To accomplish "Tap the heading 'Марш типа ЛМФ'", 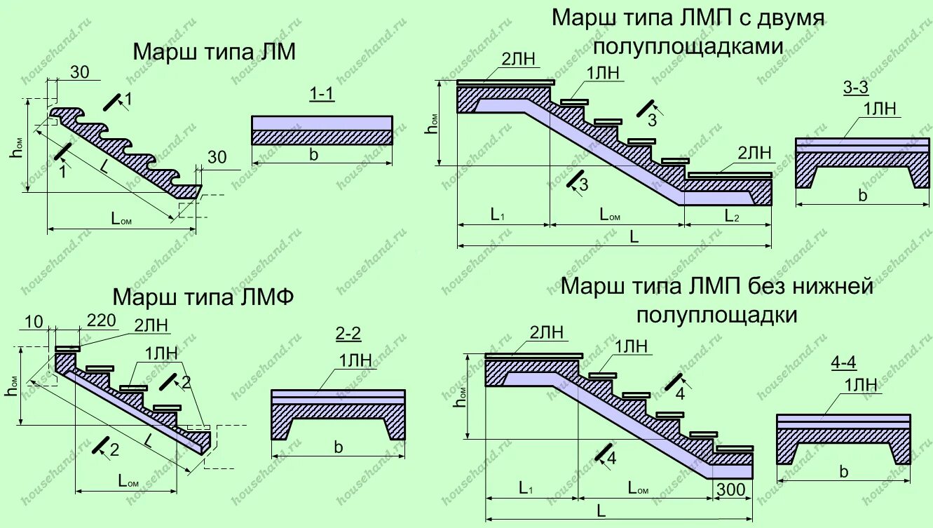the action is [203, 297].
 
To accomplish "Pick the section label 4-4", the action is [845, 363].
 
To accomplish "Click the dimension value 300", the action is [732, 490].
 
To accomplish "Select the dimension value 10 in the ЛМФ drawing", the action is [34, 322].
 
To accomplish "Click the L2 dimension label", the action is [732, 215].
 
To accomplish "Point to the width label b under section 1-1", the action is [313, 155].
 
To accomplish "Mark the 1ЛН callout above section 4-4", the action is [860, 384].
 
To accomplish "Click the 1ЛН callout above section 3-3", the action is [880, 109].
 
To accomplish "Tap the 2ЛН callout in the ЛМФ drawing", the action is [151, 325].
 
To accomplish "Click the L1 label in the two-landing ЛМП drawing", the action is [498, 215].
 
